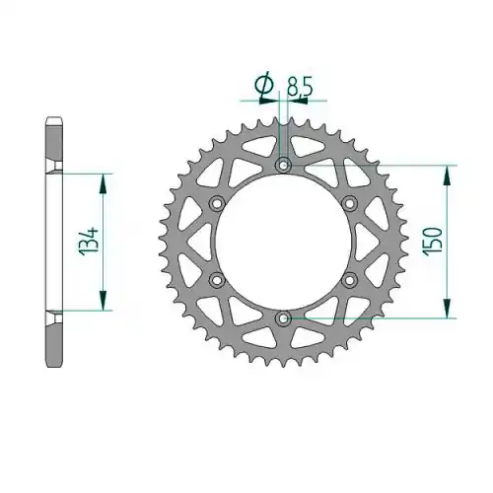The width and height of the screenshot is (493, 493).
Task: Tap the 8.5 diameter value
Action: tap(299, 87)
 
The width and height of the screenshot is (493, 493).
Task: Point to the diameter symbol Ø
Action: tap(264, 85)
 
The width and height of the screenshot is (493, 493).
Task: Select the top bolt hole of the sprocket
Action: tap(283, 165)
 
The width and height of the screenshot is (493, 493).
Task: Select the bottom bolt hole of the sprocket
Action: tap(283, 317)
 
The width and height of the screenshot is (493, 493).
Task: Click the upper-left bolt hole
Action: tap(217, 203)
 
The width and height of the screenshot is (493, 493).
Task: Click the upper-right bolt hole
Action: tap(350, 203)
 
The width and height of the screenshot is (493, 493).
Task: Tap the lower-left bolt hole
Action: tap(217, 280)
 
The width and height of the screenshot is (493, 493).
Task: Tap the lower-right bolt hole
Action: tap(350, 280)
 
